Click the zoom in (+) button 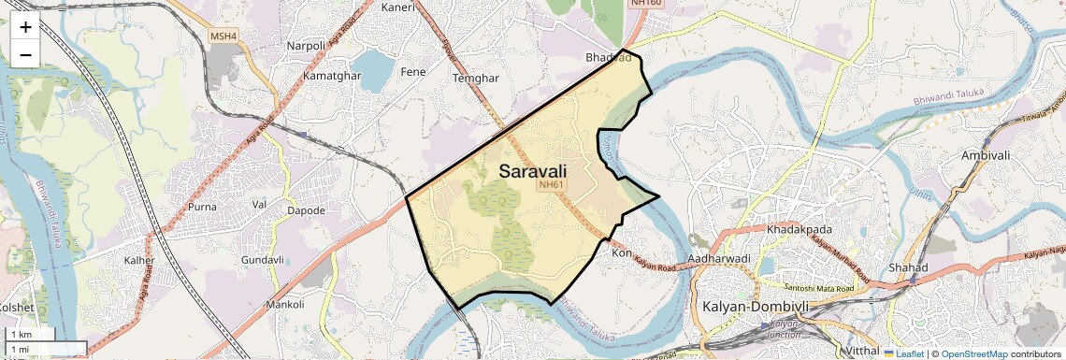tap(25, 27)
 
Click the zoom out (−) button tap(25, 54)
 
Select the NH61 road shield tap(551, 185)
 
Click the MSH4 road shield tap(223, 36)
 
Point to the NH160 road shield tap(645, 3)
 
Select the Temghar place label tap(476, 79)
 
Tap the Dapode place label tap(306, 210)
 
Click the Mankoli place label tap(284, 304)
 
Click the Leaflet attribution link tap(903, 353)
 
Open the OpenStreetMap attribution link tap(974, 353)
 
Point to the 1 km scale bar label tap(21, 334)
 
